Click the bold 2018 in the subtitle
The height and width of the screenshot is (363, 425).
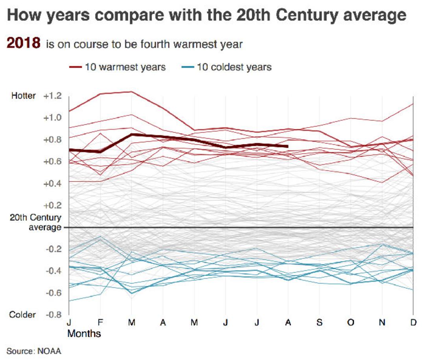(x=24, y=43)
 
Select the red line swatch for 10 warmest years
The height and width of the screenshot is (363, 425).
(x=76, y=67)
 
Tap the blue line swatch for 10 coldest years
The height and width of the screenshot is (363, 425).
(x=188, y=67)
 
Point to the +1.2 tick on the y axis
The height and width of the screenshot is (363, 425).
(x=53, y=96)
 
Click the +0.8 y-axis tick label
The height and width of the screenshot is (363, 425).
(x=53, y=139)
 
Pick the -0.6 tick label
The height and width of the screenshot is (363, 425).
(x=54, y=293)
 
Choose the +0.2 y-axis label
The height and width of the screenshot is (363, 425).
(x=53, y=205)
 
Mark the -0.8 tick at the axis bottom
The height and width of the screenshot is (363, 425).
(x=54, y=315)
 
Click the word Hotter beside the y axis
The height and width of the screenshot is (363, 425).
(x=23, y=96)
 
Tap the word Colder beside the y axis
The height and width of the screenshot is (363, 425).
(x=22, y=315)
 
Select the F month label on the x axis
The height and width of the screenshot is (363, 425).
(x=100, y=323)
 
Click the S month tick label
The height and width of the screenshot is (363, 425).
(x=320, y=323)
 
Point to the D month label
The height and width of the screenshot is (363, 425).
(x=413, y=323)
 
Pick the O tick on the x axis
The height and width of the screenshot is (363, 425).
(x=351, y=323)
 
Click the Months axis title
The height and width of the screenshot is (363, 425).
(x=84, y=334)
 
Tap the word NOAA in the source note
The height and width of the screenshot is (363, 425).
(x=49, y=351)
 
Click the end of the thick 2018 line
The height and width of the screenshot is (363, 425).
(x=288, y=146)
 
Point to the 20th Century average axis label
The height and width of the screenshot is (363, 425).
(x=35, y=222)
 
